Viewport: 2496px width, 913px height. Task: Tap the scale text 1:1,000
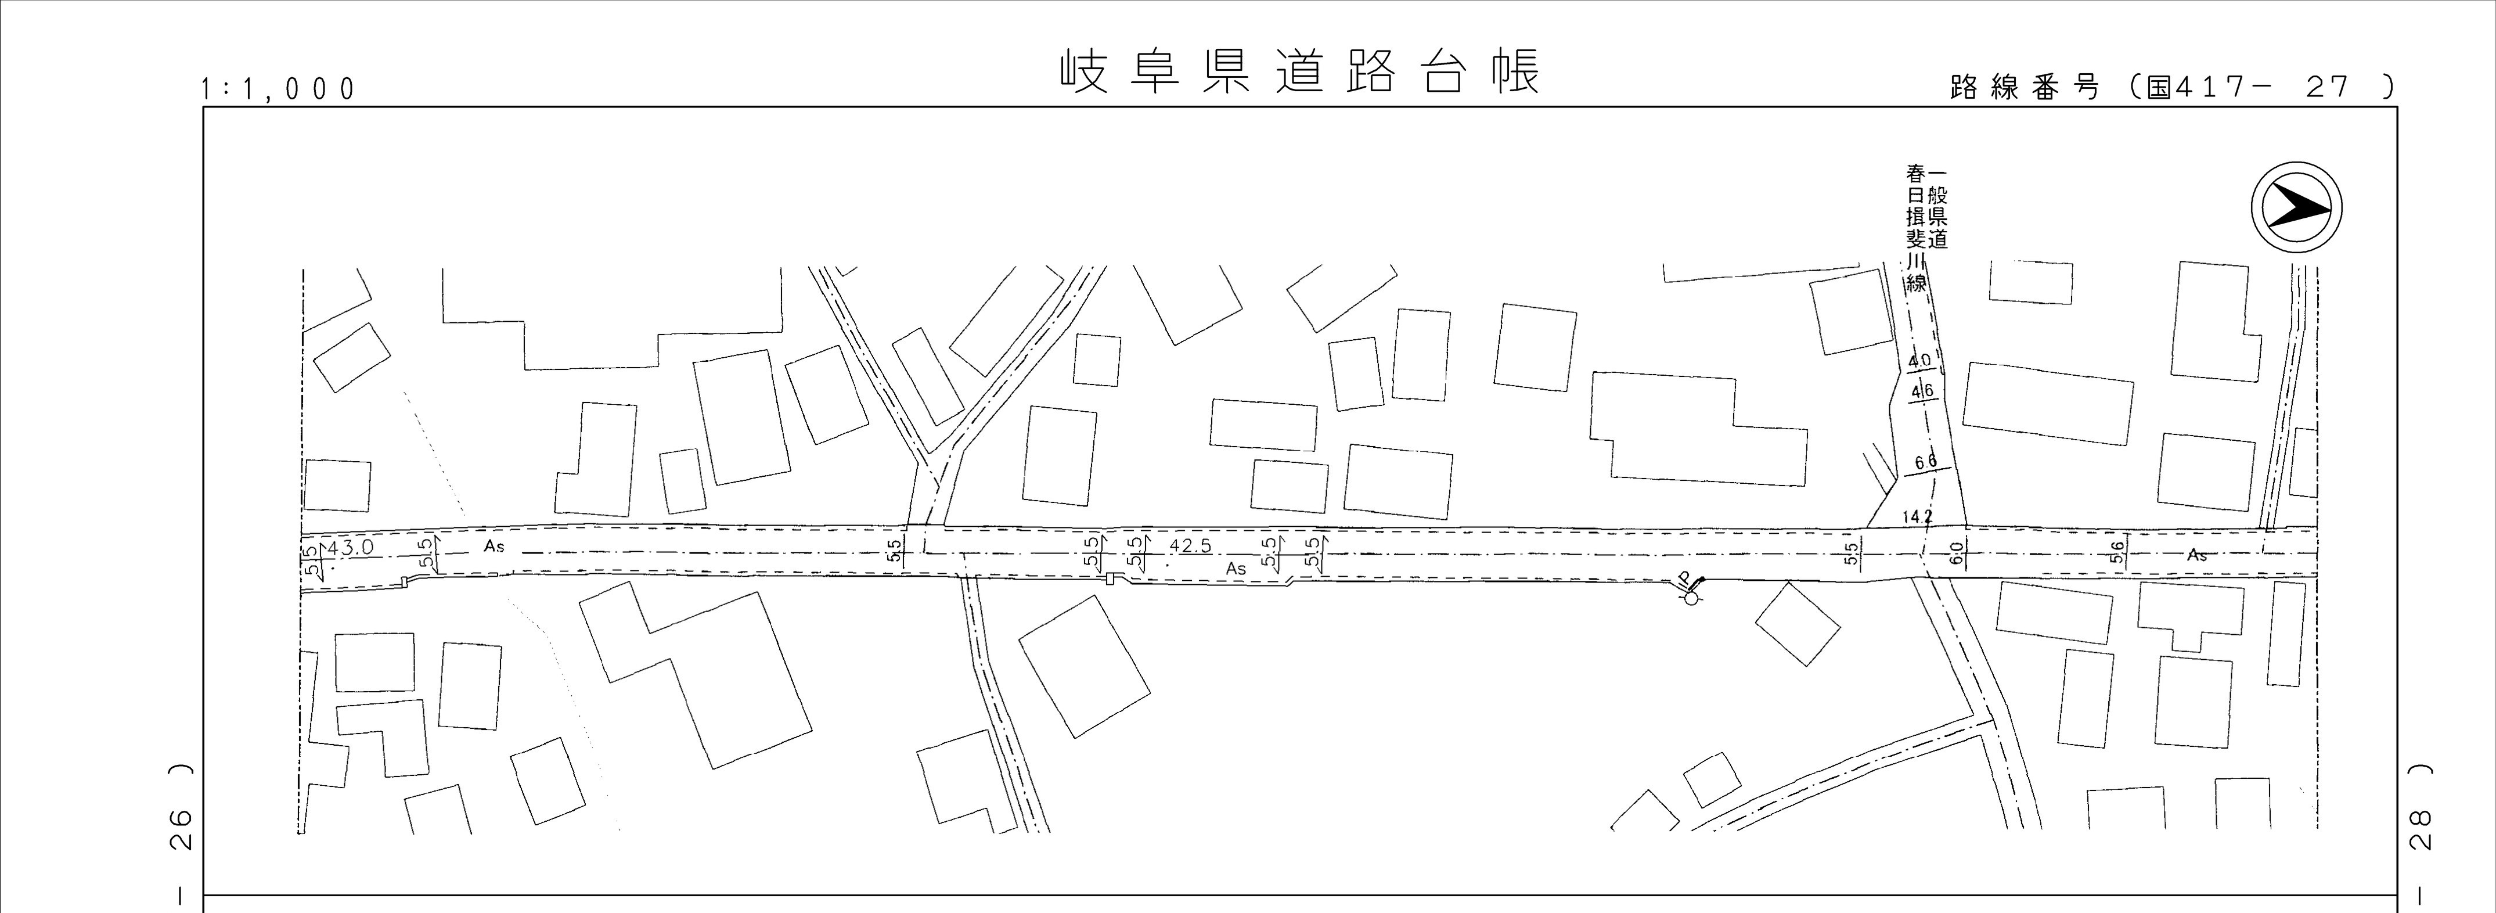278,89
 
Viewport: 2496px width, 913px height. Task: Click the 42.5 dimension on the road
1190,546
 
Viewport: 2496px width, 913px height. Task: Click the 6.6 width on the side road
1925,461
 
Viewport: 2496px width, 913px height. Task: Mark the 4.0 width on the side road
1918,361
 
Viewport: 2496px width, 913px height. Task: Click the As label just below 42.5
1236,569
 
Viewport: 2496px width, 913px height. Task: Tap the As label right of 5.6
2196,555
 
